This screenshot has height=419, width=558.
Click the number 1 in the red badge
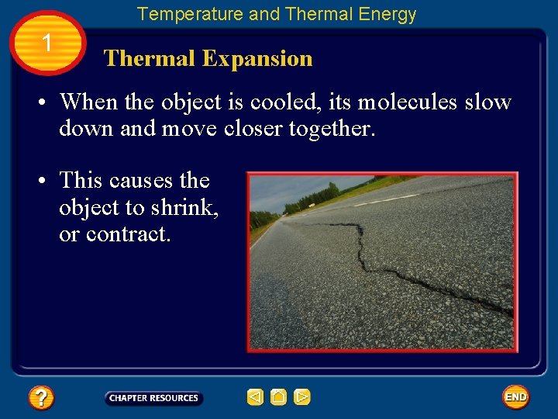pos(47,43)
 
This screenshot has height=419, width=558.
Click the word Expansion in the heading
pos(257,59)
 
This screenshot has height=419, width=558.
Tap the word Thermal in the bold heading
pos(150,59)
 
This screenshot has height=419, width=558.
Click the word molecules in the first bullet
pos(408,102)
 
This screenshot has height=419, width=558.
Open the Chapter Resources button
pos(153,398)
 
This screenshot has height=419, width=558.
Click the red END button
pos(515,397)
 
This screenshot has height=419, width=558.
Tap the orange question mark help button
pos(41,398)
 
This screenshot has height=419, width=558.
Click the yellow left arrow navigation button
pos(255,397)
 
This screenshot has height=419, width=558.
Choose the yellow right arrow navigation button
pos(302,397)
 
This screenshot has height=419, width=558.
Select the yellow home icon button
pos(279,397)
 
